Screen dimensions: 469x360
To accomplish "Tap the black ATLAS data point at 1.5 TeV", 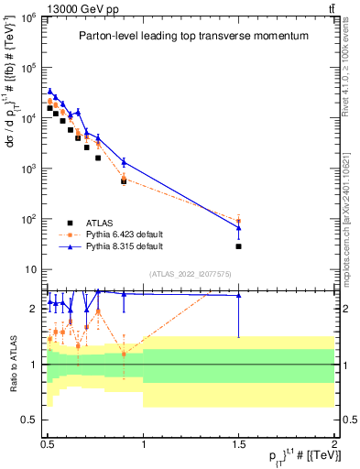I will pos(238,246).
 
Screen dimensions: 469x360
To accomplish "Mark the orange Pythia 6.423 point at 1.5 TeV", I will pos(238,220).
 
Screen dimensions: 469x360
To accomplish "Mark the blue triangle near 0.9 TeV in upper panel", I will pos(124,162).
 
